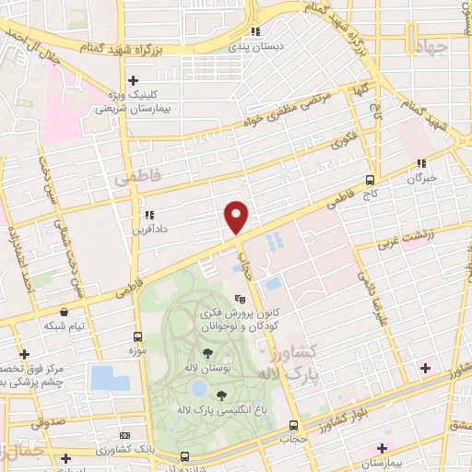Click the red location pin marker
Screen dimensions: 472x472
237,217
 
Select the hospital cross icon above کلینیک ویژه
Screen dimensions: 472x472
135,80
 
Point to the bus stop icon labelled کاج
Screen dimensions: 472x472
370,180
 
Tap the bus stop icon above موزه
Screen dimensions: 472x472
137,336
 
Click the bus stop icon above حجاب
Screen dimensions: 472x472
293,425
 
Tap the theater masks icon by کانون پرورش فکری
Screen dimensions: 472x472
240,299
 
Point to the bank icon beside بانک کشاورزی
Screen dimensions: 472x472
125,435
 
